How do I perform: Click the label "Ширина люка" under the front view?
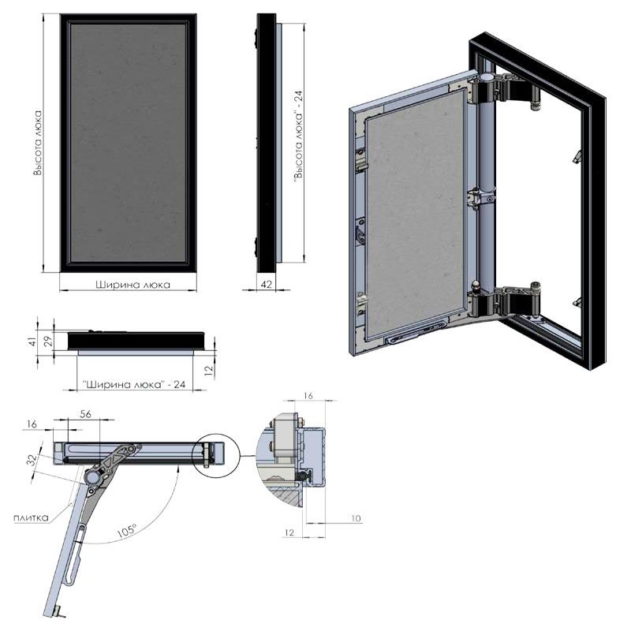pyautogui.click(x=133, y=285)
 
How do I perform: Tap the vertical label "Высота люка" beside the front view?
pyautogui.click(x=37, y=143)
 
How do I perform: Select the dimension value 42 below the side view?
pyautogui.click(x=267, y=284)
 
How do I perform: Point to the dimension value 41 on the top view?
pyautogui.click(x=33, y=341)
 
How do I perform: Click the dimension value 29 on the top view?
pyautogui.click(x=48, y=341)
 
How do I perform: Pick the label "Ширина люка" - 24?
pyautogui.click(x=134, y=384)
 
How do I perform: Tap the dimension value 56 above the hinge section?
pyautogui.click(x=85, y=413)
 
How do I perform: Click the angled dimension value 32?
pyautogui.click(x=33, y=459)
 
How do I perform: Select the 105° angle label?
pyautogui.click(x=127, y=530)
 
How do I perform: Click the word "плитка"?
pyautogui.click(x=31, y=517)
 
